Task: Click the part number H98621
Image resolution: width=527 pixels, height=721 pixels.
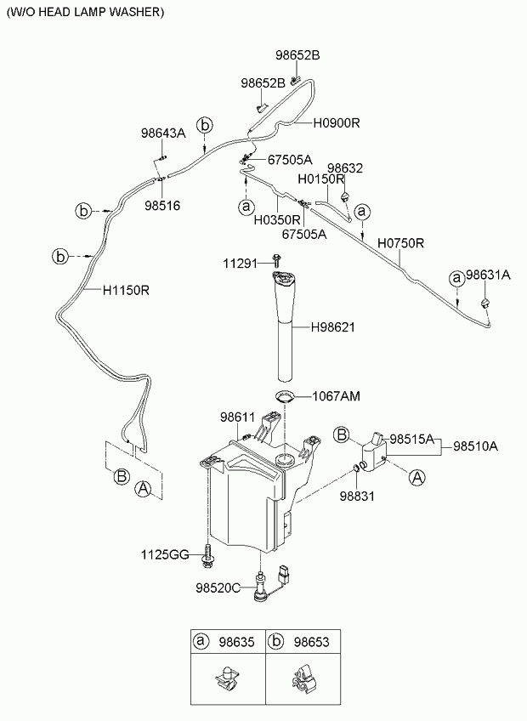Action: point(333,327)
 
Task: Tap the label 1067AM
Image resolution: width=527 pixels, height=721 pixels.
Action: point(336,396)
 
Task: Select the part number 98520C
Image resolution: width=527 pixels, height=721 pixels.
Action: point(218,588)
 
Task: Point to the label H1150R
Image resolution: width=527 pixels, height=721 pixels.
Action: point(126,290)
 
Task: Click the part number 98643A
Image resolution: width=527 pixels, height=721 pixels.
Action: point(163,133)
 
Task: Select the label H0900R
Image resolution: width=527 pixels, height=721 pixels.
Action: point(337,122)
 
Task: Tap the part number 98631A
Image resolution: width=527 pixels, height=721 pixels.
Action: point(489,275)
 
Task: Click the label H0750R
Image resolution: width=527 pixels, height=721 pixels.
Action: point(400,243)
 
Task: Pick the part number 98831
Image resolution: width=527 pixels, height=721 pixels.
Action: point(357,497)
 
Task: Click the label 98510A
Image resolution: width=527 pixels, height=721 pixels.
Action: point(475,446)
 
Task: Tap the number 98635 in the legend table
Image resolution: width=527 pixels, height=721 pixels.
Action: point(236,641)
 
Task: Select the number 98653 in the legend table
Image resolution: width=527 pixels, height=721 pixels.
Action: point(311,641)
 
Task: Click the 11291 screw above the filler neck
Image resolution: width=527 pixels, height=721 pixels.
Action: point(276,260)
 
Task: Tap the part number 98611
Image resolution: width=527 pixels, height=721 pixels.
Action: point(237,417)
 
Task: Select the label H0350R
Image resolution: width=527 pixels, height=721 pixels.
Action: point(277,220)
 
